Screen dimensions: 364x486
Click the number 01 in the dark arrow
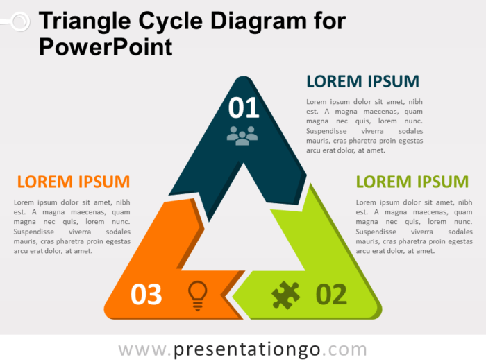[x=244, y=107]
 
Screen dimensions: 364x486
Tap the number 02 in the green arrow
[x=331, y=295]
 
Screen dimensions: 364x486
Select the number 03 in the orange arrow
[x=146, y=295]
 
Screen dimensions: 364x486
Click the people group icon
[x=242, y=135]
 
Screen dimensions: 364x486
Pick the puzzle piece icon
[x=286, y=295]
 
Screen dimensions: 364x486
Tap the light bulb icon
[x=198, y=295]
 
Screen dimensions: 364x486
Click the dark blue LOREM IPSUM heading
[x=362, y=81]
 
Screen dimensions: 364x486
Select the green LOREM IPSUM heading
[x=412, y=182]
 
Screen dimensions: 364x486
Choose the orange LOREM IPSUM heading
[x=73, y=182]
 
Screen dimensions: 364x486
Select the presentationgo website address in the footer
[x=242, y=348]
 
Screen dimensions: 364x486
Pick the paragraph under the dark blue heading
[x=364, y=125]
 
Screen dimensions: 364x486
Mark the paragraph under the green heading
[x=414, y=226]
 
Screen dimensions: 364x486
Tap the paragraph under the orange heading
[x=72, y=226]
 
